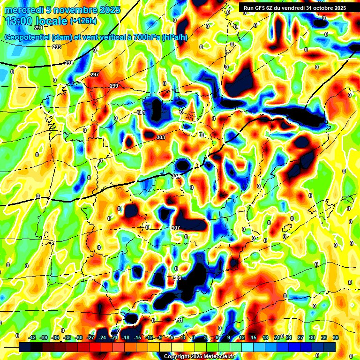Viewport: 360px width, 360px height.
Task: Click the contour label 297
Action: click(x=95, y=75)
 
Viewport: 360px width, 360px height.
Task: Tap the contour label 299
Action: click(x=114, y=86)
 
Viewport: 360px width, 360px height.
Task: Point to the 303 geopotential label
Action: click(x=160, y=137)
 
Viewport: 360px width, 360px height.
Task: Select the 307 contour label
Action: click(x=176, y=228)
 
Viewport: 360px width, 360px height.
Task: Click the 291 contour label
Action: click(x=38, y=28)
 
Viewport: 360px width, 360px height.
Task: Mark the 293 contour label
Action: click(x=57, y=47)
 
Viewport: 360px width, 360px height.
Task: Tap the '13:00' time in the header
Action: click(x=19, y=21)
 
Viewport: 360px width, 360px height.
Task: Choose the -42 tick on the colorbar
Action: click(x=32, y=337)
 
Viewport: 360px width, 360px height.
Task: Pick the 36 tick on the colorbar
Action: click(x=336, y=337)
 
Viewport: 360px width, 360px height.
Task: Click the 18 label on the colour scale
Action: click(x=265, y=337)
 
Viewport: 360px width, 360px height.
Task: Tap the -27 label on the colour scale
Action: click(x=91, y=337)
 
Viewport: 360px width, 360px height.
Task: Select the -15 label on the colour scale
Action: click(x=138, y=337)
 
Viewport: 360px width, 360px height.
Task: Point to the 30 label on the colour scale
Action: click(x=312, y=337)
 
